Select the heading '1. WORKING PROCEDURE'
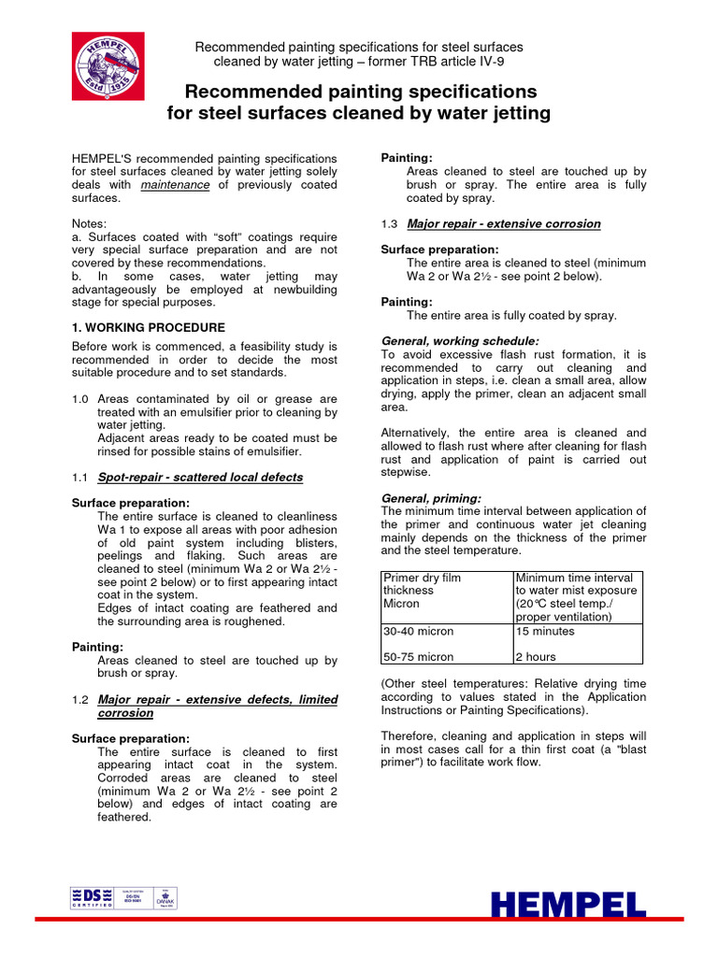pos(148,328)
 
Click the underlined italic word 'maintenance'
pos(175,185)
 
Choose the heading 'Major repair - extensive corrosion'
pos(504,224)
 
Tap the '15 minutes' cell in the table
pos(546,632)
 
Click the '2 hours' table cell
pos(537,656)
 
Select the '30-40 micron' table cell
pos(419,632)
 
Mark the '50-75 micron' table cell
pos(419,656)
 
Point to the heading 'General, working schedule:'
pos(460,341)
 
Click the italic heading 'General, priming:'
pos(432,498)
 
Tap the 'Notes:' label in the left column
pos(90,224)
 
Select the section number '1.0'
pos(80,399)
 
